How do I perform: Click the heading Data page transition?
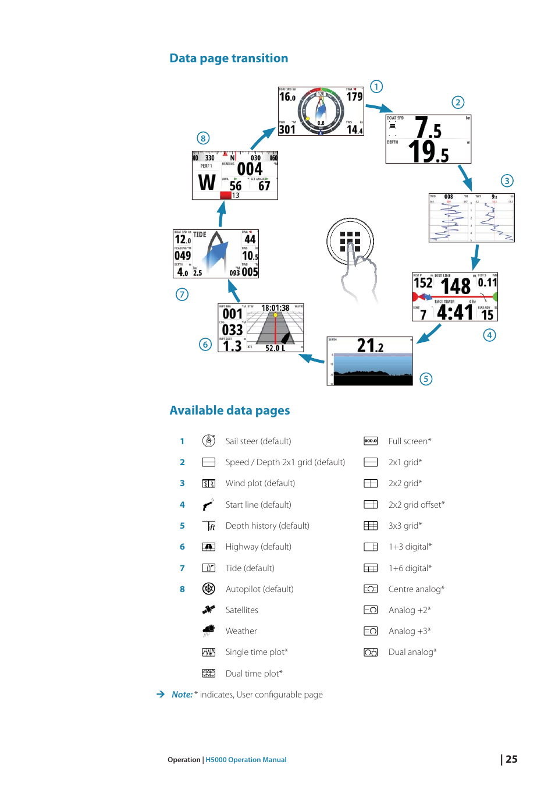pyautogui.click(x=229, y=58)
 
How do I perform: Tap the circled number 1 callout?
pyautogui.click(x=376, y=87)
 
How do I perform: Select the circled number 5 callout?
pyautogui.click(x=426, y=379)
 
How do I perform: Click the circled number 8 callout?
pyautogui.click(x=203, y=138)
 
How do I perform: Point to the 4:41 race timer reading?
pyautogui.click(x=455, y=313)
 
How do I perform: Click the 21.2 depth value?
pyautogui.click(x=370, y=346)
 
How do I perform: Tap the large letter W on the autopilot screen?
pyautogui.click(x=207, y=182)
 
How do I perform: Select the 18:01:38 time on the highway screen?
pyautogui.click(x=275, y=308)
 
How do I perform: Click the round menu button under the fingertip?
pyautogui.click(x=350, y=241)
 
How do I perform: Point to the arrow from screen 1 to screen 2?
pyautogui.click(x=379, y=108)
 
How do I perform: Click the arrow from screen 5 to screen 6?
pyautogui.click(x=312, y=360)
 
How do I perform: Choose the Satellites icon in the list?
pyautogui.click(x=208, y=610)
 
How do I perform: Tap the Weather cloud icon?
pyautogui.click(x=208, y=631)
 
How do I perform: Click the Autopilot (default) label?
pyautogui.click(x=259, y=589)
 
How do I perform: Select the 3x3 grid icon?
pyautogui.click(x=371, y=526)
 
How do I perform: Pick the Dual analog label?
pyautogui.click(x=412, y=652)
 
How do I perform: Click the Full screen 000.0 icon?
pyautogui.click(x=371, y=441)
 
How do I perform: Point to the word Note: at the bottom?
pyautogui.click(x=182, y=695)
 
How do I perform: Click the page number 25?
pyautogui.click(x=511, y=759)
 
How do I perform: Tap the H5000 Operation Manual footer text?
pyautogui.click(x=246, y=760)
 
